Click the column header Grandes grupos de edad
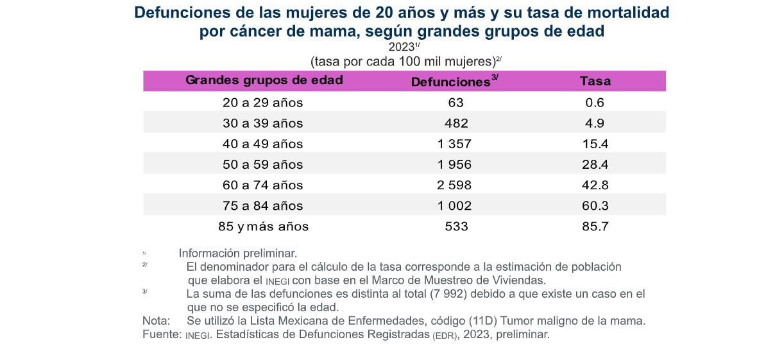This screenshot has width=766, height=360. click(x=264, y=80)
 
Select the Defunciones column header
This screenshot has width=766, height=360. click(x=450, y=82)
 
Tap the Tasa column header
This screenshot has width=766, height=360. click(x=595, y=81)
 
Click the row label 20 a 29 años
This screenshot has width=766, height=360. click(x=262, y=103)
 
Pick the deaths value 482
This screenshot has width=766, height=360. click(x=456, y=123)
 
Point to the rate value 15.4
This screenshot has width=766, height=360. click(x=594, y=144)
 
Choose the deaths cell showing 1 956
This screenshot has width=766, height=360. click(x=454, y=164)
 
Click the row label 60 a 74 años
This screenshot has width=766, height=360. click(x=262, y=185)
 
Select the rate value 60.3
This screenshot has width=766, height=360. click(x=594, y=205)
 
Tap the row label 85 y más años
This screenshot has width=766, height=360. click(x=263, y=227)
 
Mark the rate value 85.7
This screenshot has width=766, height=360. click(x=594, y=227)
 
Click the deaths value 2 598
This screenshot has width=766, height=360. click(x=454, y=185)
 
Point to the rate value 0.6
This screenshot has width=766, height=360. click(x=594, y=103)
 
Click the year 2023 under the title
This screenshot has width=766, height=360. click(x=401, y=47)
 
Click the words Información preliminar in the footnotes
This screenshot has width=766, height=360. click(x=237, y=253)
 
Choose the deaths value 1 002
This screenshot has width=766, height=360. click(x=454, y=205)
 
